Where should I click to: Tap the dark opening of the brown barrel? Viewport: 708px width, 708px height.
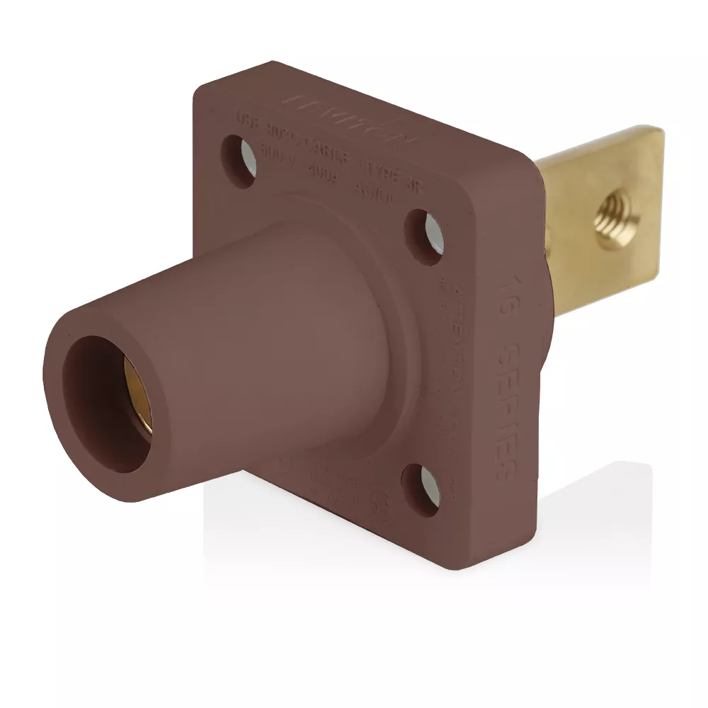tap(106, 404)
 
